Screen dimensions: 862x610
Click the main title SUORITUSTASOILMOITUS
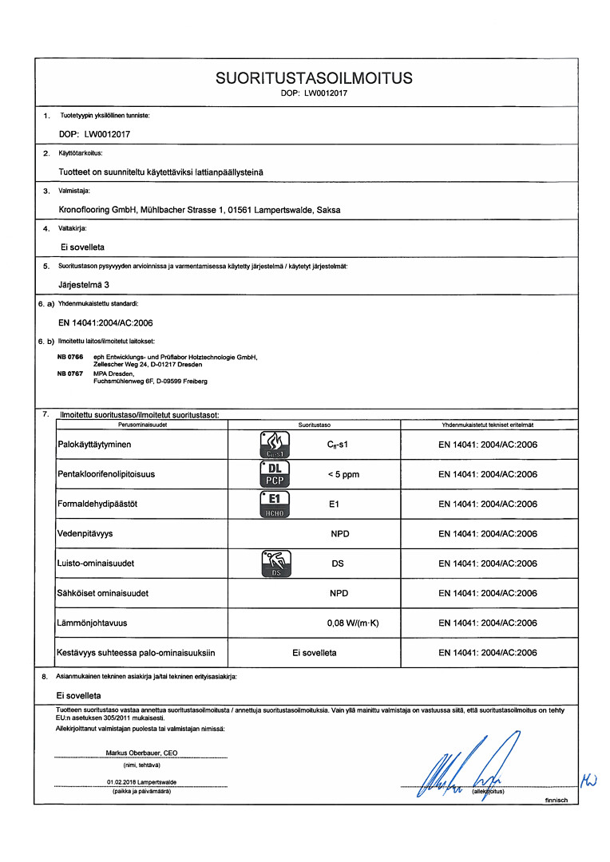click(314, 78)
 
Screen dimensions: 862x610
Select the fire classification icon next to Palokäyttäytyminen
click(274, 444)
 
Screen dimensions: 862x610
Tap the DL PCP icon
click(274, 473)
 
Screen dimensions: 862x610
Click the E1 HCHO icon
click(274, 504)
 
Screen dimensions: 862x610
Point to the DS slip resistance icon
click(274, 563)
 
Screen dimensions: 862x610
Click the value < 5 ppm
click(343, 474)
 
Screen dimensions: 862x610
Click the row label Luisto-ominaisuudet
click(95, 563)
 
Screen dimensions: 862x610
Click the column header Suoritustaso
click(315, 425)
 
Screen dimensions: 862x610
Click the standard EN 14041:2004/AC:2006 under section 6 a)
click(105, 322)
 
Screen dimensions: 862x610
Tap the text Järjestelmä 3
click(85, 283)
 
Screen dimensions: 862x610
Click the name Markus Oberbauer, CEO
click(141, 753)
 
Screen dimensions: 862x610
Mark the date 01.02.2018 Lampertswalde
click(141, 782)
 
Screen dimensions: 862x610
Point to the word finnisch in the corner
click(556, 800)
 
